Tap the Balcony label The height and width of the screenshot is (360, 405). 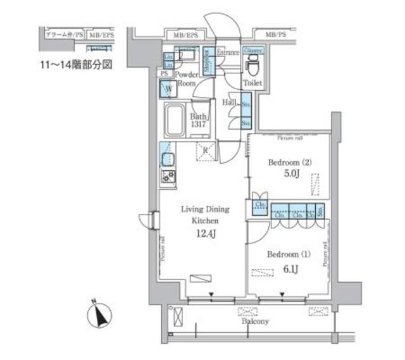pos(254,321)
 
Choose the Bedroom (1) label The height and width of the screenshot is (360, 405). pos(289,255)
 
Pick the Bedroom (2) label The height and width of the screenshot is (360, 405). pos(289,162)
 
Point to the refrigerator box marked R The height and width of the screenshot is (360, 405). pos(206,150)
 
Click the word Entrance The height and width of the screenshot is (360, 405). pos(228,53)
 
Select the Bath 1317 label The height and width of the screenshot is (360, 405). pos(200,120)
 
